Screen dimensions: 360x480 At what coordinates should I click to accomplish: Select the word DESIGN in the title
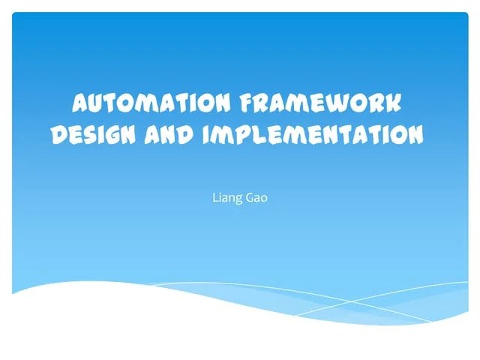tap(91, 135)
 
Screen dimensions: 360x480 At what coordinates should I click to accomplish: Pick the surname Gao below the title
tap(256, 199)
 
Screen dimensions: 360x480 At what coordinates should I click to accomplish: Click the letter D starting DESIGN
tap(58, 135)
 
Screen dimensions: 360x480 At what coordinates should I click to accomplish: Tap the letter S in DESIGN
tap(88, 135)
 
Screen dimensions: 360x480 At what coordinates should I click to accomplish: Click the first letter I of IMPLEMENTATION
tap(208, 135)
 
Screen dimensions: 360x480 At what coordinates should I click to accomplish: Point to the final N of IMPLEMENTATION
tap(414, 135)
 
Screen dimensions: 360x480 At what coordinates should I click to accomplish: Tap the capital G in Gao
tap(247, 199)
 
